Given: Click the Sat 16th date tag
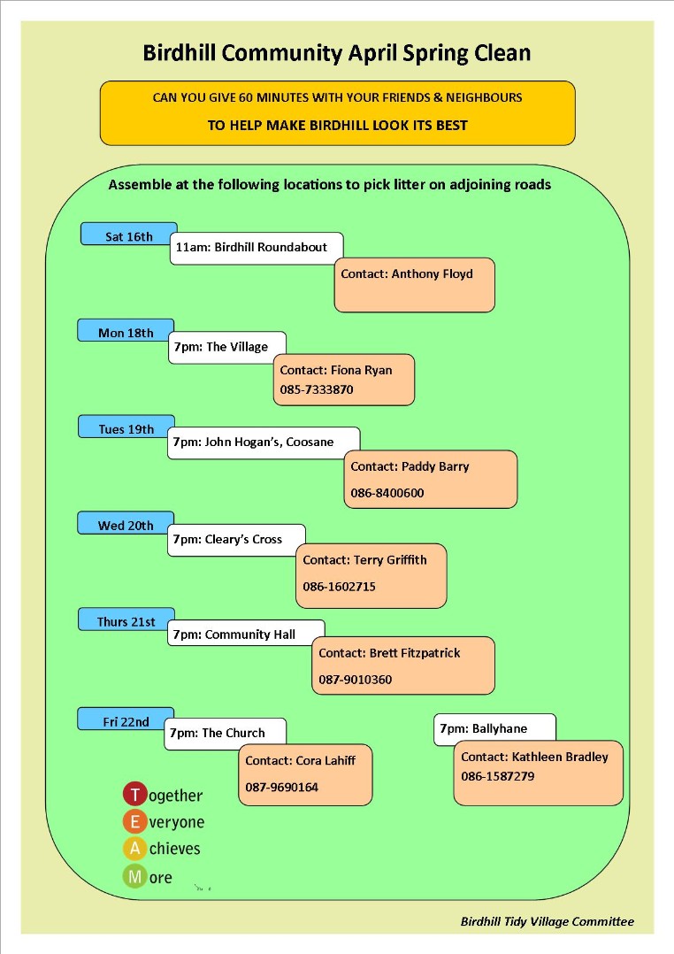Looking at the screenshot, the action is click(x=129, y=235).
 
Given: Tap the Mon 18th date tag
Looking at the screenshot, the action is click(x=126, y=330).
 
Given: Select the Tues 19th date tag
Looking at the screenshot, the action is click(x=126, y=427).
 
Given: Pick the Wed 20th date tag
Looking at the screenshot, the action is click(x=126, y=523).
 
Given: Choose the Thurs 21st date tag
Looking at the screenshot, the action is click(x=126, y=619).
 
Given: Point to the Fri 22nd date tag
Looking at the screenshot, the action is click(x=126, y=719).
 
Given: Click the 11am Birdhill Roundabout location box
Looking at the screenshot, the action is click(x=257, y=248).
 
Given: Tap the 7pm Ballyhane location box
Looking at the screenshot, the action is click(x=494, y=729).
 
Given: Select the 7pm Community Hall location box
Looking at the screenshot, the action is click(x=246, y=633).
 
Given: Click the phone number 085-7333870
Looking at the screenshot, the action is click(x=317, y=389).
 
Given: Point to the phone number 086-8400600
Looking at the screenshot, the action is click(x=387, y=493).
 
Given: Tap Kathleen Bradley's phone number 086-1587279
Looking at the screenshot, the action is click(x=498, y=776).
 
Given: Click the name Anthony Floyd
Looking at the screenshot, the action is click(x=432, y=273).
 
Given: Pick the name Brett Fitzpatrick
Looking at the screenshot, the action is click(x=415, y=653).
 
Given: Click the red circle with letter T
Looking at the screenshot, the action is click(x=135, y=794).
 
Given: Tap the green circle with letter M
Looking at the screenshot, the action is click(x=134, y=877).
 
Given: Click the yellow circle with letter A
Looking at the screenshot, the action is click(x=134, y=848).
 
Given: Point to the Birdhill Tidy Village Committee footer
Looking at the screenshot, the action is click(x=547, y=922).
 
